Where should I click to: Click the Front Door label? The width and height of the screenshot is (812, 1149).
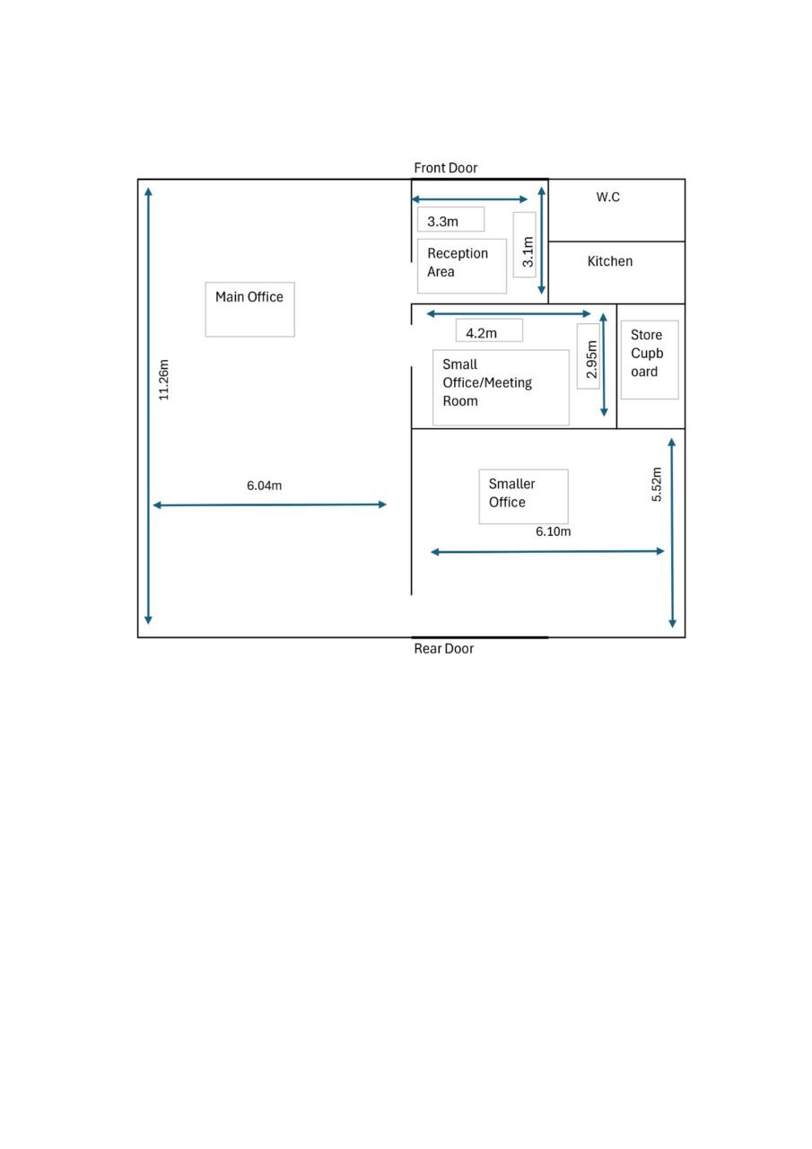[445, 168]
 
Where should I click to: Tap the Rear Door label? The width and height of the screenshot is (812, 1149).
[443, 648]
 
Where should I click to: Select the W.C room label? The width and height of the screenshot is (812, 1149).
[607, 197]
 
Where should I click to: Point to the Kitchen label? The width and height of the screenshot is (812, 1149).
[609, 261]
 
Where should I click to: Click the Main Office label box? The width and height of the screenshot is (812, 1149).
[249, 310]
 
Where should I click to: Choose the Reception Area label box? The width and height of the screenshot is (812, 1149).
[461, 267]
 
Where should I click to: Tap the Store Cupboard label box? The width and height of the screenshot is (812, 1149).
[650, 360]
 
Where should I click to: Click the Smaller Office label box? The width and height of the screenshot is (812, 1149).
[523, 496]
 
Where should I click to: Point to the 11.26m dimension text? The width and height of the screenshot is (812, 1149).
[163, 380]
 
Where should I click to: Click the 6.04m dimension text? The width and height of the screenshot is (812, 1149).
[264, 486]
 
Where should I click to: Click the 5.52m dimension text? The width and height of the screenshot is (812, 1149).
[656, 484]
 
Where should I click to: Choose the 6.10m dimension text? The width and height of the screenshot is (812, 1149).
[553, 531]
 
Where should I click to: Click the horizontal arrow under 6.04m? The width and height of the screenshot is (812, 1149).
[270, 504]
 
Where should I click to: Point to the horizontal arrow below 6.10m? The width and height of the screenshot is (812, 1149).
[547, 551]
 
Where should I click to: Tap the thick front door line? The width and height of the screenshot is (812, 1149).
[480, 179]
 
